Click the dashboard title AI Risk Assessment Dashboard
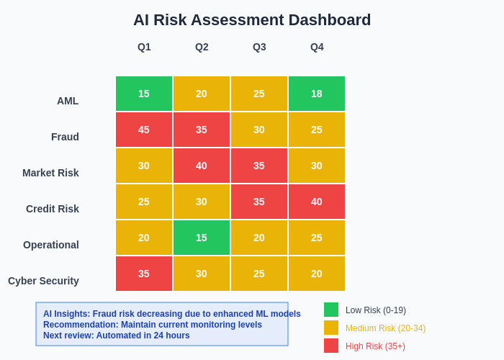[252, 20]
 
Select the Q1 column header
[144, 47]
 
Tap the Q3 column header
[259, 47]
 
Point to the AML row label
[68, 101]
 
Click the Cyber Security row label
[43, 281]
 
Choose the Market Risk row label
[50, 173]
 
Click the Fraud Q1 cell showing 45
[144, 130]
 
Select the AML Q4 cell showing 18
[317, 94]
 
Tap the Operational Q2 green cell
[202, 238]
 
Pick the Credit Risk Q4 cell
[317, 202]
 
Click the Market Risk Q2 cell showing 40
[202, 166]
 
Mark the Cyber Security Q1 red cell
[144, 274]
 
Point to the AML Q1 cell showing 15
[144, 94]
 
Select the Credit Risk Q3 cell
[259, 202]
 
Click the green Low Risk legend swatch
[331, 310]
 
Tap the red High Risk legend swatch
[331, 346]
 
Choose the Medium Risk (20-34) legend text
[385, 328]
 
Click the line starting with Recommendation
[153, 325]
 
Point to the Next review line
[117, 336]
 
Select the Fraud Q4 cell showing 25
[317, 130]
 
